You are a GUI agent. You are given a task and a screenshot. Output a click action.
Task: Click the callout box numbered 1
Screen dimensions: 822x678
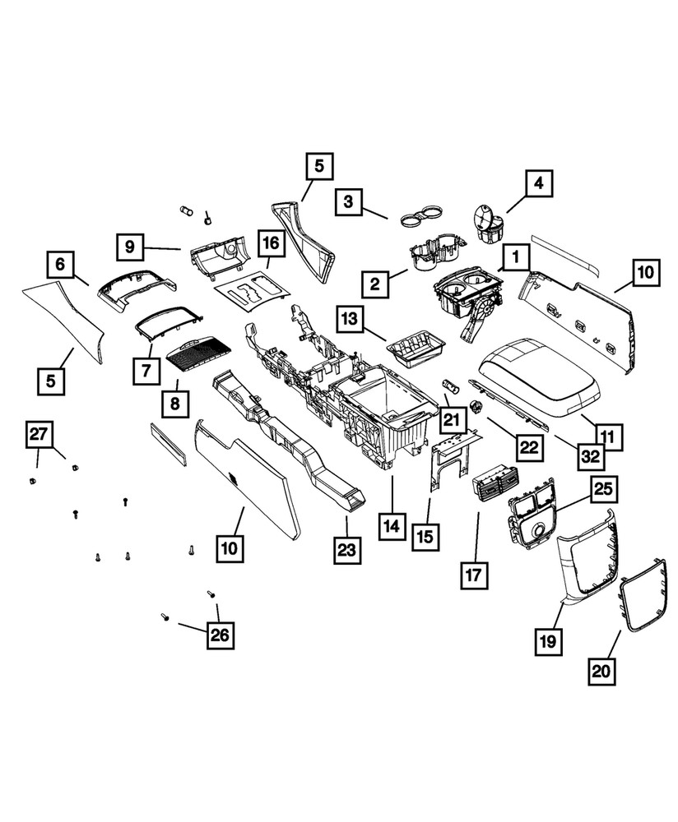(x=516, y=258)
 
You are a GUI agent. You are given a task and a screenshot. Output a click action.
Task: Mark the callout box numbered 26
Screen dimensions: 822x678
(x=221, y=635)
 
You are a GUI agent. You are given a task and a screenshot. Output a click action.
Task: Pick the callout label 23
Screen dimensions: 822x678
(x=347, y=550)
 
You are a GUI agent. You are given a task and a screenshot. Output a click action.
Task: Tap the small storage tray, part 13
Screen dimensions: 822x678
(x=415, y=348)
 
